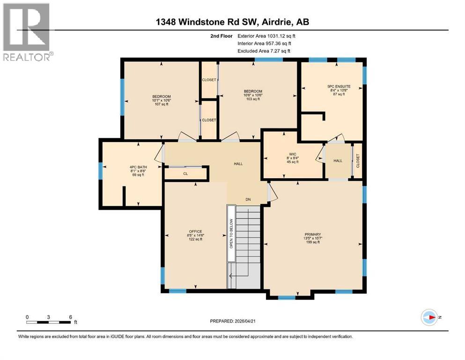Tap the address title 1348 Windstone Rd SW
point(233,22)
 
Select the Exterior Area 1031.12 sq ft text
point(266,35)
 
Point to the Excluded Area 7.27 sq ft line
point(264,51)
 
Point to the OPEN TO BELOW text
point(231,233)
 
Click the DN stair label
point(248,200)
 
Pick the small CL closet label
point(185,173)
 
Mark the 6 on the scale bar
point(70,317)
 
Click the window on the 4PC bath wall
point(100,170)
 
